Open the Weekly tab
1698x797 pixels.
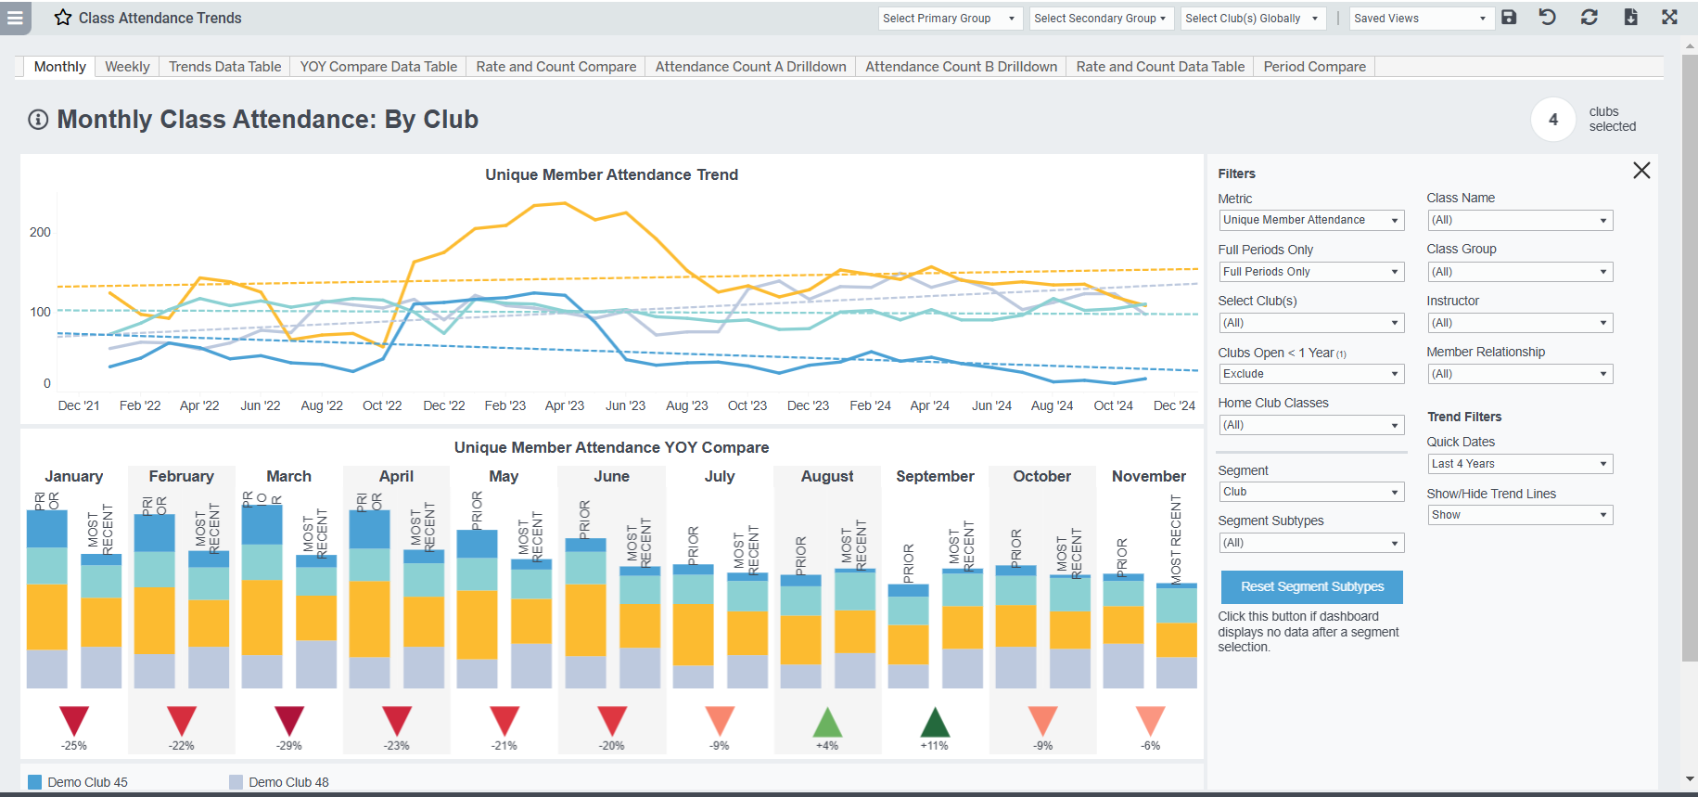point(127,67)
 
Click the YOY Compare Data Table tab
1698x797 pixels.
point(378,67)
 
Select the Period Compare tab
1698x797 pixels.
point(1314,67)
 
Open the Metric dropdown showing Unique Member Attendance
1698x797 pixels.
point(1310,220)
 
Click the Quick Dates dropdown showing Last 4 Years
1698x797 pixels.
point(1519,464)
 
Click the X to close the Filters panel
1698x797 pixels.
point(1641,171)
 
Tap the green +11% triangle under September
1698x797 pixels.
point(935,722)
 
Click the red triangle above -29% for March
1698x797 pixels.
point(289,721)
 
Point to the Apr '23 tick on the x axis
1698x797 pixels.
point(564,405)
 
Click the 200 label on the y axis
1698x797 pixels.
point(40,232)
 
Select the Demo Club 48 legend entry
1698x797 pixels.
point(287,782)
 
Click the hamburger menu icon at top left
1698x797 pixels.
point(15,18)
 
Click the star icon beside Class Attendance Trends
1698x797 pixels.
point(63,18)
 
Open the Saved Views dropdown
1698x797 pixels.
point(1421,19)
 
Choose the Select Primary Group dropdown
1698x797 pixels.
point(950,19)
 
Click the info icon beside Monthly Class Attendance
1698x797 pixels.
point(38,120)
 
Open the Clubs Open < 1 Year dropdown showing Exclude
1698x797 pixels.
point(1310,374)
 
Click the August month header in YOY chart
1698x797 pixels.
point(827,476)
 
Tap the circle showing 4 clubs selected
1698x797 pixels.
point(1553,120)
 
